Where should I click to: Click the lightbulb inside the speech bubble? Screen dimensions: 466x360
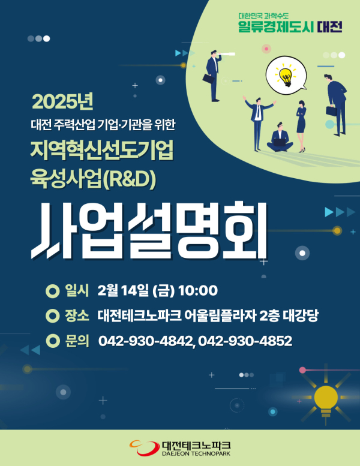[284, 75]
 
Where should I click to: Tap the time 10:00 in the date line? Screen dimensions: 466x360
[197, 291]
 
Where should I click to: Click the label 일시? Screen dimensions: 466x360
[77, 291]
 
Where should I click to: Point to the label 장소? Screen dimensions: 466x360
[77, 316]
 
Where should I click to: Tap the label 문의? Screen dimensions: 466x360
[77, 341]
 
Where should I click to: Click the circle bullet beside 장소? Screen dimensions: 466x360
[52, 316]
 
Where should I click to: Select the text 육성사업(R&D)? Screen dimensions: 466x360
[94, 178]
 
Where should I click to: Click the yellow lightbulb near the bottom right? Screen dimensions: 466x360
[326, 396]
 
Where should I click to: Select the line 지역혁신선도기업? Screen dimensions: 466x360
[102, 151]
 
